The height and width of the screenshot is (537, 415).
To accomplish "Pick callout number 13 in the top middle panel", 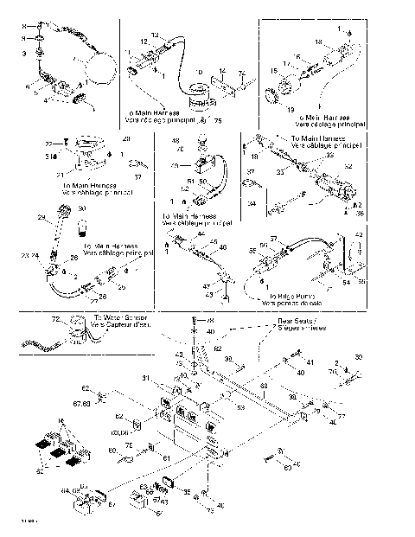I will pos(155,35).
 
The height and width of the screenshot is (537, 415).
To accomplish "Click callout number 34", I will pos(251,204).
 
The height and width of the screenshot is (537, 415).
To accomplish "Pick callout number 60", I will pos(112,451).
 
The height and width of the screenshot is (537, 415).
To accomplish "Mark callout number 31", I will pos(146,376).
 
